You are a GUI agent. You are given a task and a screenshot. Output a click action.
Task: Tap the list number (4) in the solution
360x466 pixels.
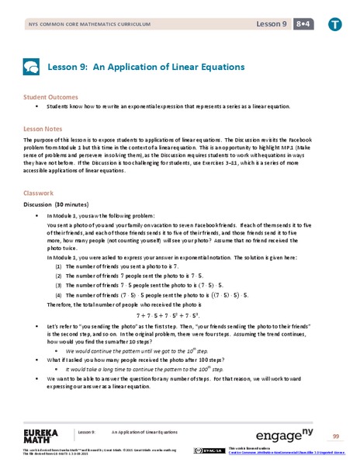coord(59,295)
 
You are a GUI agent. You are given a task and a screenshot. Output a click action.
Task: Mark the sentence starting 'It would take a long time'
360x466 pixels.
coord(152,369)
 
